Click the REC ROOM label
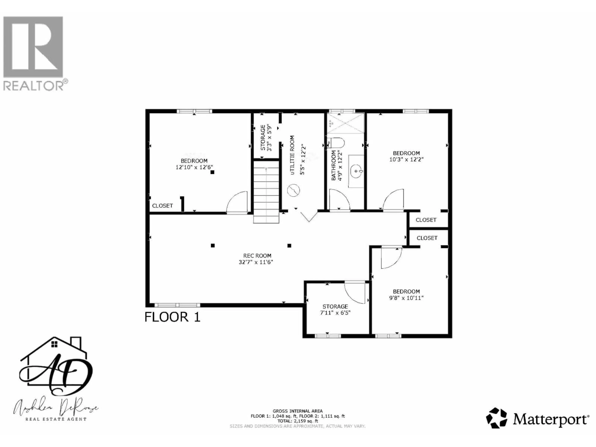pyautogui.click(x=257, y=256)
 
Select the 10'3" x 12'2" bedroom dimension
pyautogui.click(x=406, y=159)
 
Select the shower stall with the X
pyautogui.click(x=345, y=123)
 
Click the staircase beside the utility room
pyautogui.click(x=266, y=191)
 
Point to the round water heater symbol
pyautogui.click(x=293, y=190)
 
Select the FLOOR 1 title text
pyautogui.click(x=172, y=317)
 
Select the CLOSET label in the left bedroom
pyautogui.click(x=163, y=206)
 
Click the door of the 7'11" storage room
pyautogui.click(x=355, y=293)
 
